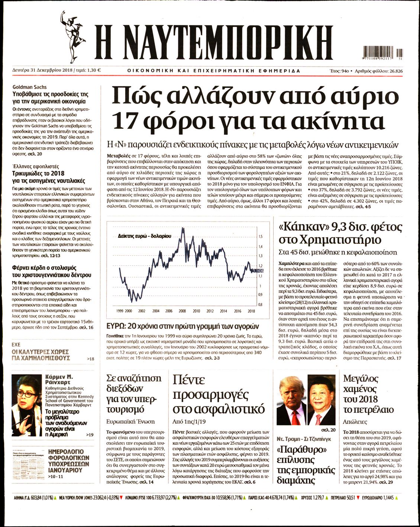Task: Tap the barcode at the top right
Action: (x=382, y=52)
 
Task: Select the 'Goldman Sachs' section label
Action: (x=29, y=87)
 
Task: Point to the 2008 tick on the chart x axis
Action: (x=182, y=311)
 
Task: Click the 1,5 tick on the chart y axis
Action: (x=260, y=237)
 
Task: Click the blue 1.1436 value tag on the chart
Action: (x=258, y=271)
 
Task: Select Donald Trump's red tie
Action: (x=296, y=416)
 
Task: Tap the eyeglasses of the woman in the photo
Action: (x=28, y=394)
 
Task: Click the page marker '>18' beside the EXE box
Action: (x=90, y=359)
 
